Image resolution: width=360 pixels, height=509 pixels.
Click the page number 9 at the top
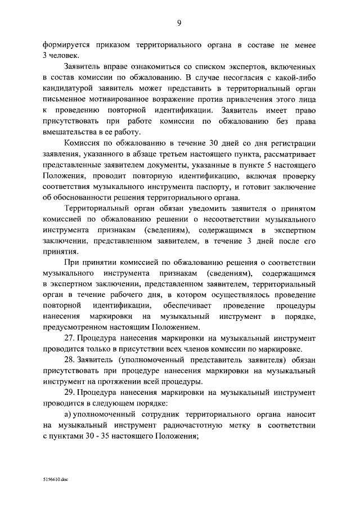(x=179, y=22)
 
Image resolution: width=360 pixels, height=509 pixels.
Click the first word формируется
(x=68, y=44)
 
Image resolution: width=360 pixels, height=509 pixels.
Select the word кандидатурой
(x=70, y=88)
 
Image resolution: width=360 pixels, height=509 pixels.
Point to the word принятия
(x=57, y=251)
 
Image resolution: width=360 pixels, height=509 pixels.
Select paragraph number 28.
(x=70, y=360)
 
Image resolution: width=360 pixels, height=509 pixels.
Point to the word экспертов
(x=251, y=66)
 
